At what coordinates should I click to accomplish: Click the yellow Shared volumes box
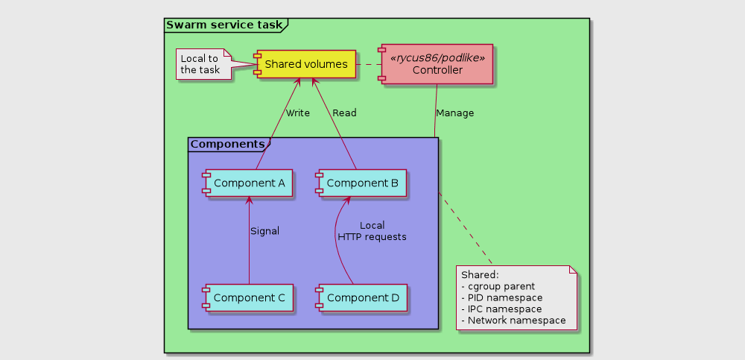click(305, 64)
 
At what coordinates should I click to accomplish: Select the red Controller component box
click(435, 64)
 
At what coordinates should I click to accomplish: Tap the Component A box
click(247, 183)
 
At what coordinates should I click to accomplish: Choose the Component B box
click(361, 183)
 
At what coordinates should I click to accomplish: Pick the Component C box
click(247, 297)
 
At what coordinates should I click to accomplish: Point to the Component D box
click(361, 297)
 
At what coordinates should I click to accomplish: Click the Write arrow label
click(298, 113)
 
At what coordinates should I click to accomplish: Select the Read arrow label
click(344, 113)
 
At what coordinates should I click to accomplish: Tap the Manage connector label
click(454, 113)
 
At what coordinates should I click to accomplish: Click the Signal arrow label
click(264, 232)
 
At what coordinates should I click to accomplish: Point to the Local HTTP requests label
click(372, 231)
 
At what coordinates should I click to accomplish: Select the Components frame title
click(227, 144)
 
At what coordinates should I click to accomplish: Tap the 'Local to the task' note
click(203, 64)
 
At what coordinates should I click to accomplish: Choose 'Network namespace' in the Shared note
click(513, 320)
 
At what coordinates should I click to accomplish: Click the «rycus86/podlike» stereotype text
click(437, 58)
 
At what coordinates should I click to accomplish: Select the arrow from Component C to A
click(247, 240)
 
